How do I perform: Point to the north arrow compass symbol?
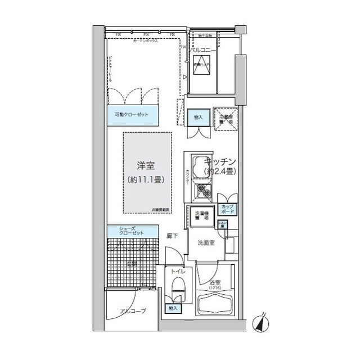coord(261,323)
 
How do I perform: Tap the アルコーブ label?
coord(133,311)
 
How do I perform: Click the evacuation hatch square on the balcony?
coord(201,68)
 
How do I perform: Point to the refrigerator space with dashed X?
coord(226,118)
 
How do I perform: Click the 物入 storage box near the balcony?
coord(198,117)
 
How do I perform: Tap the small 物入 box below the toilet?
coord(173,309)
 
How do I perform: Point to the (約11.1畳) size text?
coord(146,180)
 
